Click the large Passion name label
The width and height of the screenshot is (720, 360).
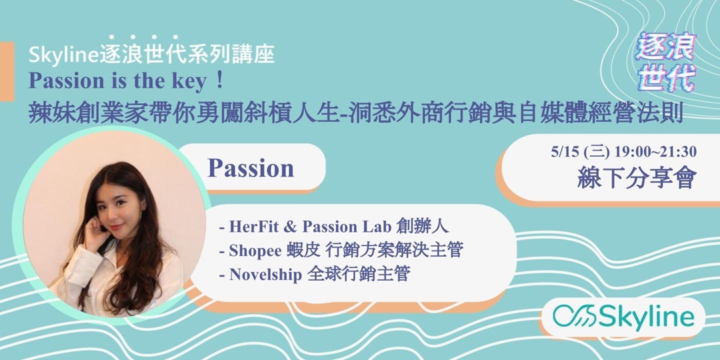click(251, 169)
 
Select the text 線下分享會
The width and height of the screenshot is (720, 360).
click(639, 177)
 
